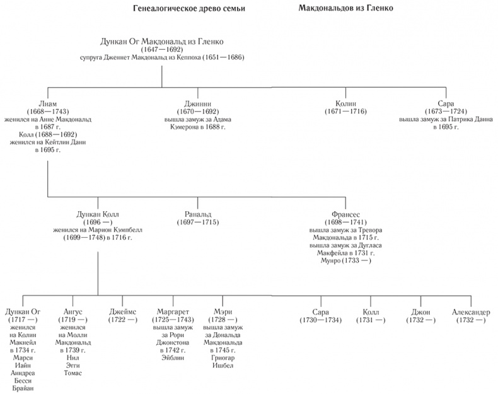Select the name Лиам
click(47, 103)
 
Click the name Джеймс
click(122, 313)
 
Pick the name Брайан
click(23, 388)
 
